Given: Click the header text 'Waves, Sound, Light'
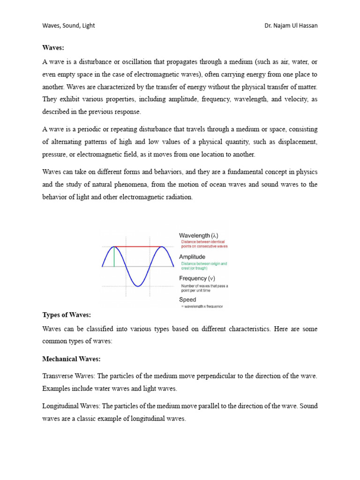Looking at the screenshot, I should pos(68,25).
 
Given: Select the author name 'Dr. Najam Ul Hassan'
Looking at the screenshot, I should pos(291,25).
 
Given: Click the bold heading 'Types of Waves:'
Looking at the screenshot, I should pos(67,315).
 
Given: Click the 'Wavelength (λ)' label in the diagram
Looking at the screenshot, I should pos(198,235).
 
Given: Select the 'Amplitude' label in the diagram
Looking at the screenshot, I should pos(192,257).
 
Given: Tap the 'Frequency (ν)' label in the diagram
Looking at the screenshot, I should pos(196,278).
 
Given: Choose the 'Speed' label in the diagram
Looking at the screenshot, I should pos(187,300).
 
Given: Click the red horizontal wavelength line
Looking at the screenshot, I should pos(138,247).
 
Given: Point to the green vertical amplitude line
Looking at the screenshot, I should pos(114,256).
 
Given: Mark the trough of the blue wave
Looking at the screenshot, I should pos(138,285).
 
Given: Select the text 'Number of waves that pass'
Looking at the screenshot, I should pos(204,285).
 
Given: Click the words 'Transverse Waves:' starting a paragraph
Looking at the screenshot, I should pos(68,376).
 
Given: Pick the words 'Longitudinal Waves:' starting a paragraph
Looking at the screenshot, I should pos(72,406).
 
